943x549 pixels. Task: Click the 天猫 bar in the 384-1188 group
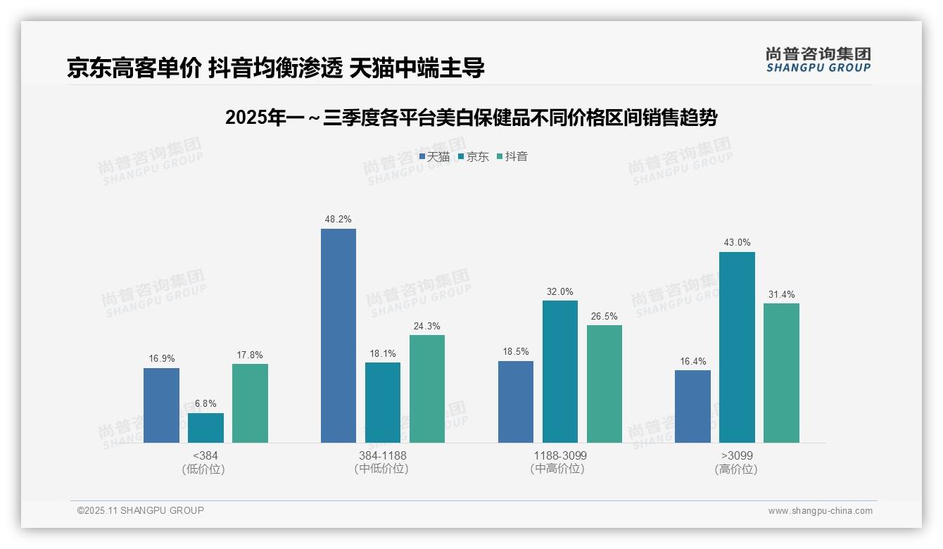(338, 336)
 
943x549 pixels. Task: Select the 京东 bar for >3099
(737, 347)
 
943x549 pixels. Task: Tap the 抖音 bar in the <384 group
(250, 403)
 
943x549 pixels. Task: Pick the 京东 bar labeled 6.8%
(205, 428)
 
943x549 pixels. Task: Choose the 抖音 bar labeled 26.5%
(605, 384)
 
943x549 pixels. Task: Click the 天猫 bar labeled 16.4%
(692, 406)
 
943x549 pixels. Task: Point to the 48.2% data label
(338, 220)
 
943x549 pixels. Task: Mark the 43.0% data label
(737, 243)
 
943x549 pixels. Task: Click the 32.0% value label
(559, 291)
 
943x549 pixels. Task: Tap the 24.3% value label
(426, 326)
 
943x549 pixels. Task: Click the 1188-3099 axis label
(559, 456)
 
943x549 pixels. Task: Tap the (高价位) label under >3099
(736, 469)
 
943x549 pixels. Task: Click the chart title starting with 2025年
(471, 118)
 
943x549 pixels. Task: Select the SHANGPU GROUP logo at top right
(818, 60)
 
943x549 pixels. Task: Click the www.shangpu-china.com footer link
(820, 511)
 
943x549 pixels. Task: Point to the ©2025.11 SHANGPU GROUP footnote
(141, 510)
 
